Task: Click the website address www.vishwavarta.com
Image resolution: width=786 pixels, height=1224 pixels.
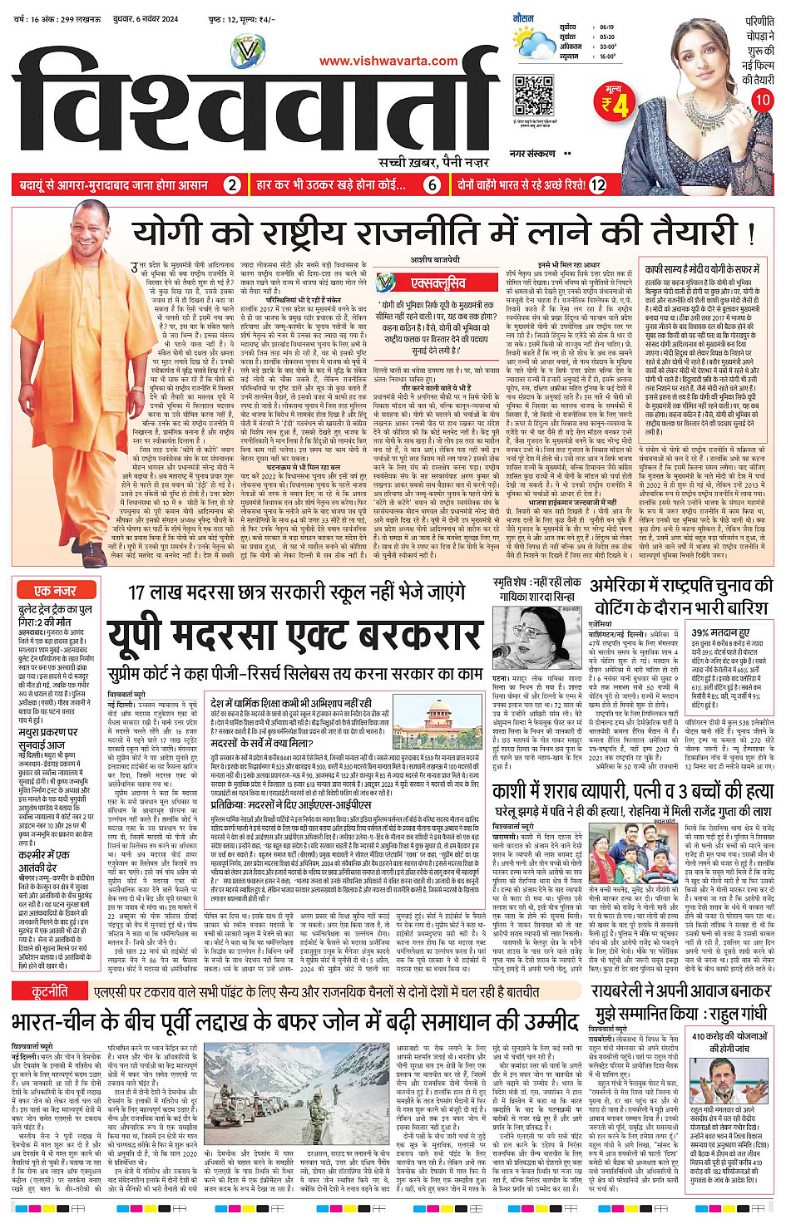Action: click(388, 61)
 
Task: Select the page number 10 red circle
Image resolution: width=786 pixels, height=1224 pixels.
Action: click(762, 100)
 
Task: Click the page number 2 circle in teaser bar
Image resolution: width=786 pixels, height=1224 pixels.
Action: click(233, 184)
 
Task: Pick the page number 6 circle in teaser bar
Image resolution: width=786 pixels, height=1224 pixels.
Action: click(433, 184)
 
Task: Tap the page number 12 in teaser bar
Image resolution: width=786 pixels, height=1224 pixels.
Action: click(598, 184)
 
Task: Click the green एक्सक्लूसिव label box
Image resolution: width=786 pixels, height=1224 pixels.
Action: click(438, 284)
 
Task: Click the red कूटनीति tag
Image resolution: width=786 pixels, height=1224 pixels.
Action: click(50, 992)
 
